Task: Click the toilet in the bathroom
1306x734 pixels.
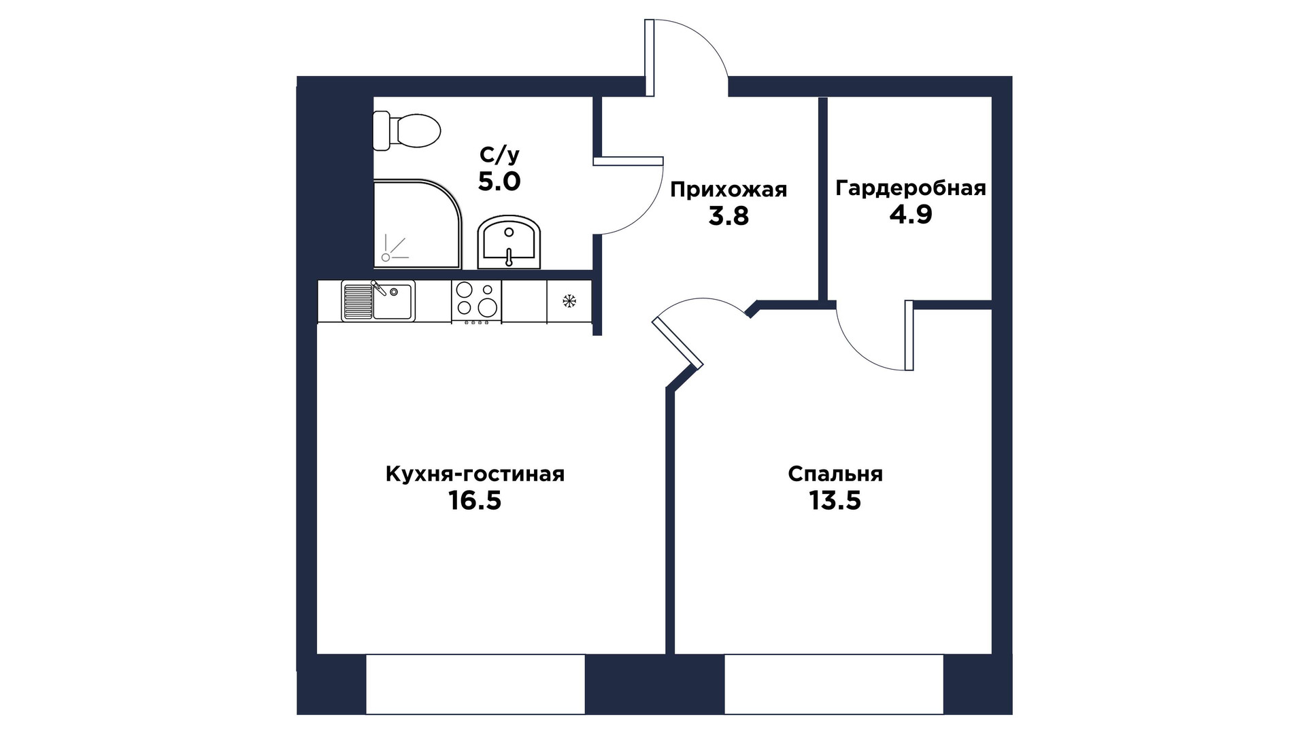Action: [x=407, y=131]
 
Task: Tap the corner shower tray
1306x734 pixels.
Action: [x=417, y=224]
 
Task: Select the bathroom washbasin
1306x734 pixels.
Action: [x=509, y=243]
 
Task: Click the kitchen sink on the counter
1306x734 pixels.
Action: [x=378, y=301]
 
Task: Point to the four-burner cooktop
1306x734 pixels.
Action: [x=476, y=301]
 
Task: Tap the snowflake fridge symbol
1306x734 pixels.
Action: [x=570, y=300]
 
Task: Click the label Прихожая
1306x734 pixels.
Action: [x=729, y=190]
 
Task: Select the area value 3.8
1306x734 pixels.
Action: [x=729, y=216]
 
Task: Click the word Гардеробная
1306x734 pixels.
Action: [x=911, y=188]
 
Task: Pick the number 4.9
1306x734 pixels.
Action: [x=911, y=215]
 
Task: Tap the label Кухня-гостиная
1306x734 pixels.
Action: [x=475, y=474]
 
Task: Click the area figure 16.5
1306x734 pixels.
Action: [x=475, y=501]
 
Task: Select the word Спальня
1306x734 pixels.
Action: [x=835, y=474]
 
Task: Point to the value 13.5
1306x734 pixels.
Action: [x=835, y=501]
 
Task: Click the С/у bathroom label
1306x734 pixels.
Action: [x=499, y=156]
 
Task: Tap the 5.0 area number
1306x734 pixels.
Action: [x=499, y=181]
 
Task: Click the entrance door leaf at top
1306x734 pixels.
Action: [x=650, y=57]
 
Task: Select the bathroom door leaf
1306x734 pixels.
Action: [x=628, y=161]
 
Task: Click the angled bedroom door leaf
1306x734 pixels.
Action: [x=677, y=343]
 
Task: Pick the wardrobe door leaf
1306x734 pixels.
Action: [x=909, y=336]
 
